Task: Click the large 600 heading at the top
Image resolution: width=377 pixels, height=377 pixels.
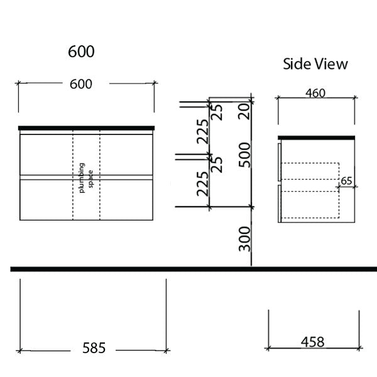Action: pos(81,52)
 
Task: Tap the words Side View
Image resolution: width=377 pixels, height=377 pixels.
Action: pos(315,64)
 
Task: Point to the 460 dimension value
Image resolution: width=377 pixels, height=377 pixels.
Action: pos(315,94)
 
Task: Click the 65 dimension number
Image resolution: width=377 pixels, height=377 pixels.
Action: pos(346,180)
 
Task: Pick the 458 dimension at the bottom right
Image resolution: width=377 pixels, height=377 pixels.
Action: pos(312,342)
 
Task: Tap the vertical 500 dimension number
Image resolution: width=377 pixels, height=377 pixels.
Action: pos(244,155)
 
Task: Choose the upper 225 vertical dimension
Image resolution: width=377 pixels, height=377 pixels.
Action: pos(202,131)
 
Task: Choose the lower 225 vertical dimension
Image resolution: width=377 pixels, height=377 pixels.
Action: pos(202,183)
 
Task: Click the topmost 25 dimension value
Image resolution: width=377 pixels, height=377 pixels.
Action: pos(217,111)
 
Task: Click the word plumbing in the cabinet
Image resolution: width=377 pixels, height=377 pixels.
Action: pos(82,176)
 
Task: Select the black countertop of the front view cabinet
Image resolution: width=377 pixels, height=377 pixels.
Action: pos(86,128)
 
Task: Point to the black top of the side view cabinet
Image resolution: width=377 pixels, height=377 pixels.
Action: pos(317,136)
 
